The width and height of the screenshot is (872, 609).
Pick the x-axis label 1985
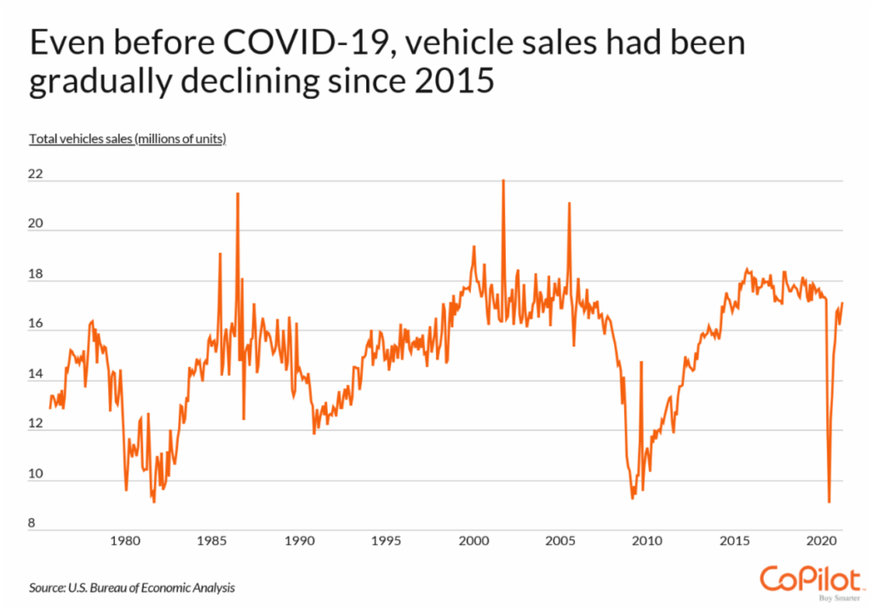[x=211, y=540]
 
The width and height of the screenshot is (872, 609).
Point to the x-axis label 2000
[x=473, y=540]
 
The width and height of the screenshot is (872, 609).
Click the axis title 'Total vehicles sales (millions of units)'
[x=128, y=138]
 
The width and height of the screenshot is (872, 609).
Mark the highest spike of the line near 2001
[x=503, y=181]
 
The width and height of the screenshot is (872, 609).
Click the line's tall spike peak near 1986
[x=238, y=194]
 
